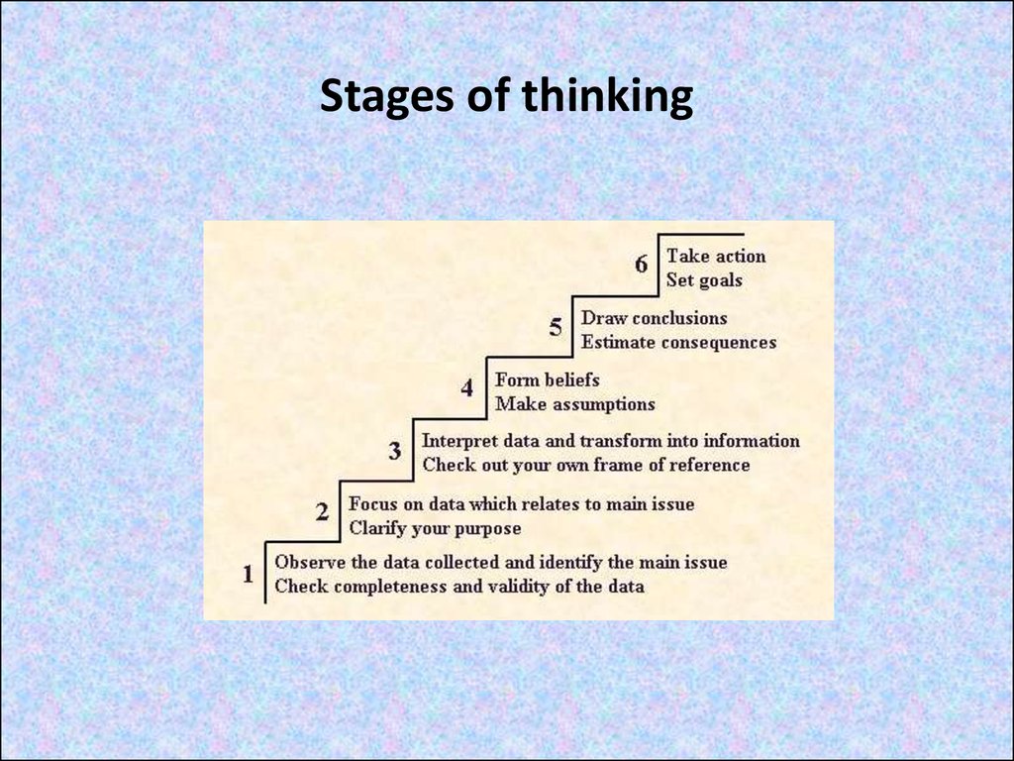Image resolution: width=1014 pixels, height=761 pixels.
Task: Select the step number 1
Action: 248,574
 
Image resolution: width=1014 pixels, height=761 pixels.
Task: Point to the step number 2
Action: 322,512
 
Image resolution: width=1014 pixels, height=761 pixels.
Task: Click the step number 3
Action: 395,451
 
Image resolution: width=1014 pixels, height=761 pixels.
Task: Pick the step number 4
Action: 467,388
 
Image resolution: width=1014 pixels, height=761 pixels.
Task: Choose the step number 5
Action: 556,327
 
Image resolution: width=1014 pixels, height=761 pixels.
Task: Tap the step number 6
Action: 641,264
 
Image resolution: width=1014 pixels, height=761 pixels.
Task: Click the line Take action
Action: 716,257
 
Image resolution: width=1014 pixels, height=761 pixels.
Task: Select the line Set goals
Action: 704,280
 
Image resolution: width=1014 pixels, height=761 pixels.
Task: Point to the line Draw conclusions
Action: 654,318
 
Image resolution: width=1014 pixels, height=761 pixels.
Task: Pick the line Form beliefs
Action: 547,380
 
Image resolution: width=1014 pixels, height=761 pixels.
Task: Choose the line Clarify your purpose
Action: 436,529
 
